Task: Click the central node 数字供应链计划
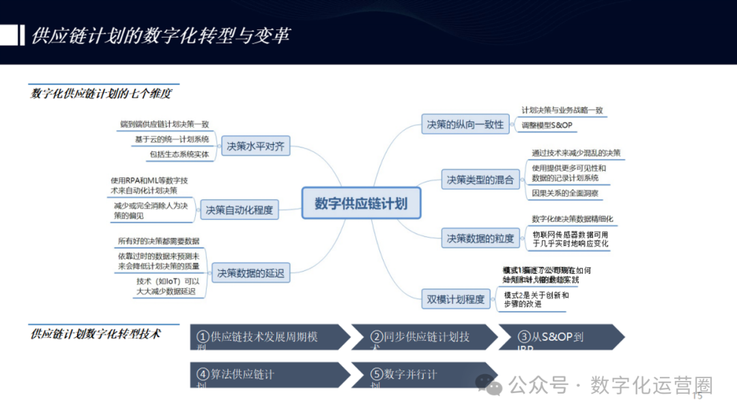[361, 203]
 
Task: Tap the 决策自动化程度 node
[239, 210]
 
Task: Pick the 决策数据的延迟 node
[250, 273]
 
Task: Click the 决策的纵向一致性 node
[465, 124]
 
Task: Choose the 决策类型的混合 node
[480, 180]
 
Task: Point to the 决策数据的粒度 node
[480, 238]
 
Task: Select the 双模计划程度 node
[455, 299]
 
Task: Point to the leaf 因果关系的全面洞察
[565, 193]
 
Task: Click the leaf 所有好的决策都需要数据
[158, 241]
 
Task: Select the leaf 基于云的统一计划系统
[171, 139]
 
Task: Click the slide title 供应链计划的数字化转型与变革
[160, 35]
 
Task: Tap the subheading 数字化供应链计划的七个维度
[100, 94]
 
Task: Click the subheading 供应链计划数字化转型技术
[96, 334]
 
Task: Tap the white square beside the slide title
[8, 35]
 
